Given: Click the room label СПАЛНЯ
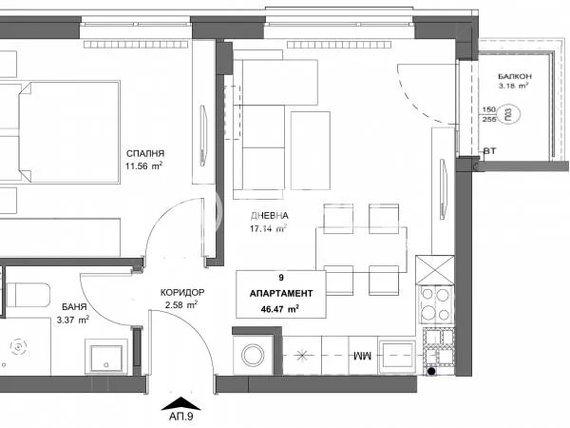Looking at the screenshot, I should click(144, 152).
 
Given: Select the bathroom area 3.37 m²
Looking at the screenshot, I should click(73, 321).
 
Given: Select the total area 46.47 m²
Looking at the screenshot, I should click(281, 309).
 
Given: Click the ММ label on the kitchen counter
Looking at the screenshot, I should click(362, 356).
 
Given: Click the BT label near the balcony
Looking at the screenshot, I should click(489, 151).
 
